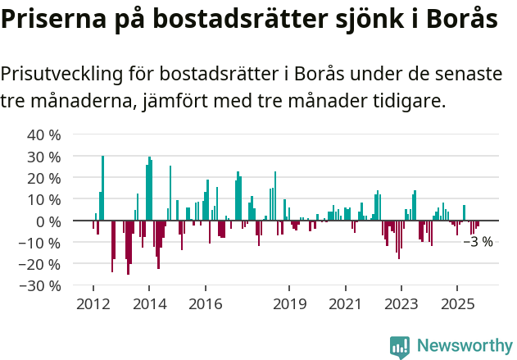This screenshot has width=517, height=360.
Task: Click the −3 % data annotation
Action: click(478, 242)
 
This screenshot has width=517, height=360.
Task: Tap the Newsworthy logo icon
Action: click(400, 347)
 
